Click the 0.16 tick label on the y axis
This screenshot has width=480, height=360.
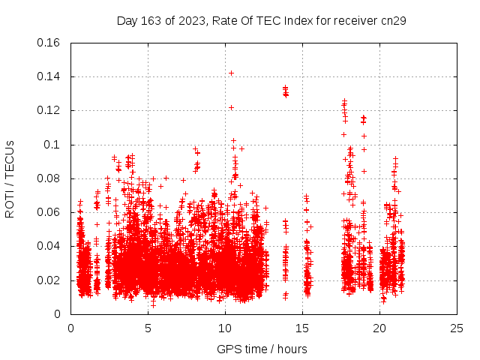(x=49, y=43)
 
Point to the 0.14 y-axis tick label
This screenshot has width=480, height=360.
(x=49, y=76)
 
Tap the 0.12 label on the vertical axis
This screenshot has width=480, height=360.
(x=49, y=110)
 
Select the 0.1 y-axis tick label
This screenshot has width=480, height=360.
(x=52, y=145)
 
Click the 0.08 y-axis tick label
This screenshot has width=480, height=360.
(x=49, y=178)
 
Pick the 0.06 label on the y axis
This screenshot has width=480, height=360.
(x=49, y=212)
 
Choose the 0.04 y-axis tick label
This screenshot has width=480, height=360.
(x=49, y=246)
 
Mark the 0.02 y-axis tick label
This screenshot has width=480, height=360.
(x=49, y=280)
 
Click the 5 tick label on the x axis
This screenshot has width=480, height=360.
(x=148, y=328)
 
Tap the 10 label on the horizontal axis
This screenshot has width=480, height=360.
(x=225, y=328)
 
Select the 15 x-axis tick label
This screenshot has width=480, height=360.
(x=302, y=328)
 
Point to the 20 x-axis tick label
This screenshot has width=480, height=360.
(x=379, y=328)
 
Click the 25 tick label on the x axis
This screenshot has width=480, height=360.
(x=457, y=328)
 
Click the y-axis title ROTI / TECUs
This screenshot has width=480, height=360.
(x=10, y=178)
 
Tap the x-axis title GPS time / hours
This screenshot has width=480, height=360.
(x=262, y=349)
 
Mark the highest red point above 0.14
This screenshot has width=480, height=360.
(x=231, y=73)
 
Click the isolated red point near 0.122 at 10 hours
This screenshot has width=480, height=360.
(x=231, y=107)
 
